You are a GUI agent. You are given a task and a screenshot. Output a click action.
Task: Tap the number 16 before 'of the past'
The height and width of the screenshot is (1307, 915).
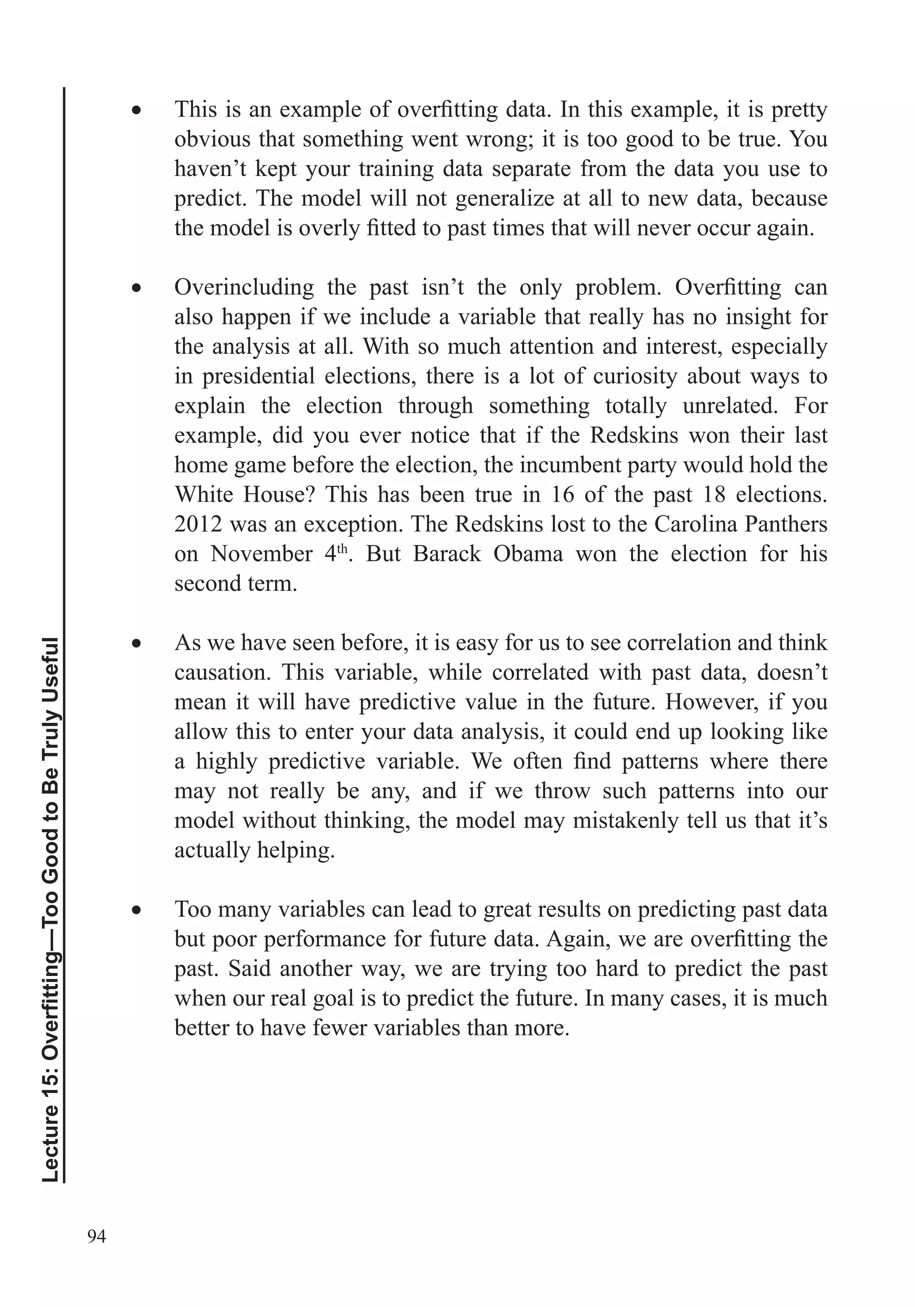click(x=562, y=494)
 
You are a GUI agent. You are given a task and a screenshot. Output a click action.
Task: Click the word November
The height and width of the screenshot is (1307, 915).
click(x=261, y=553)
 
